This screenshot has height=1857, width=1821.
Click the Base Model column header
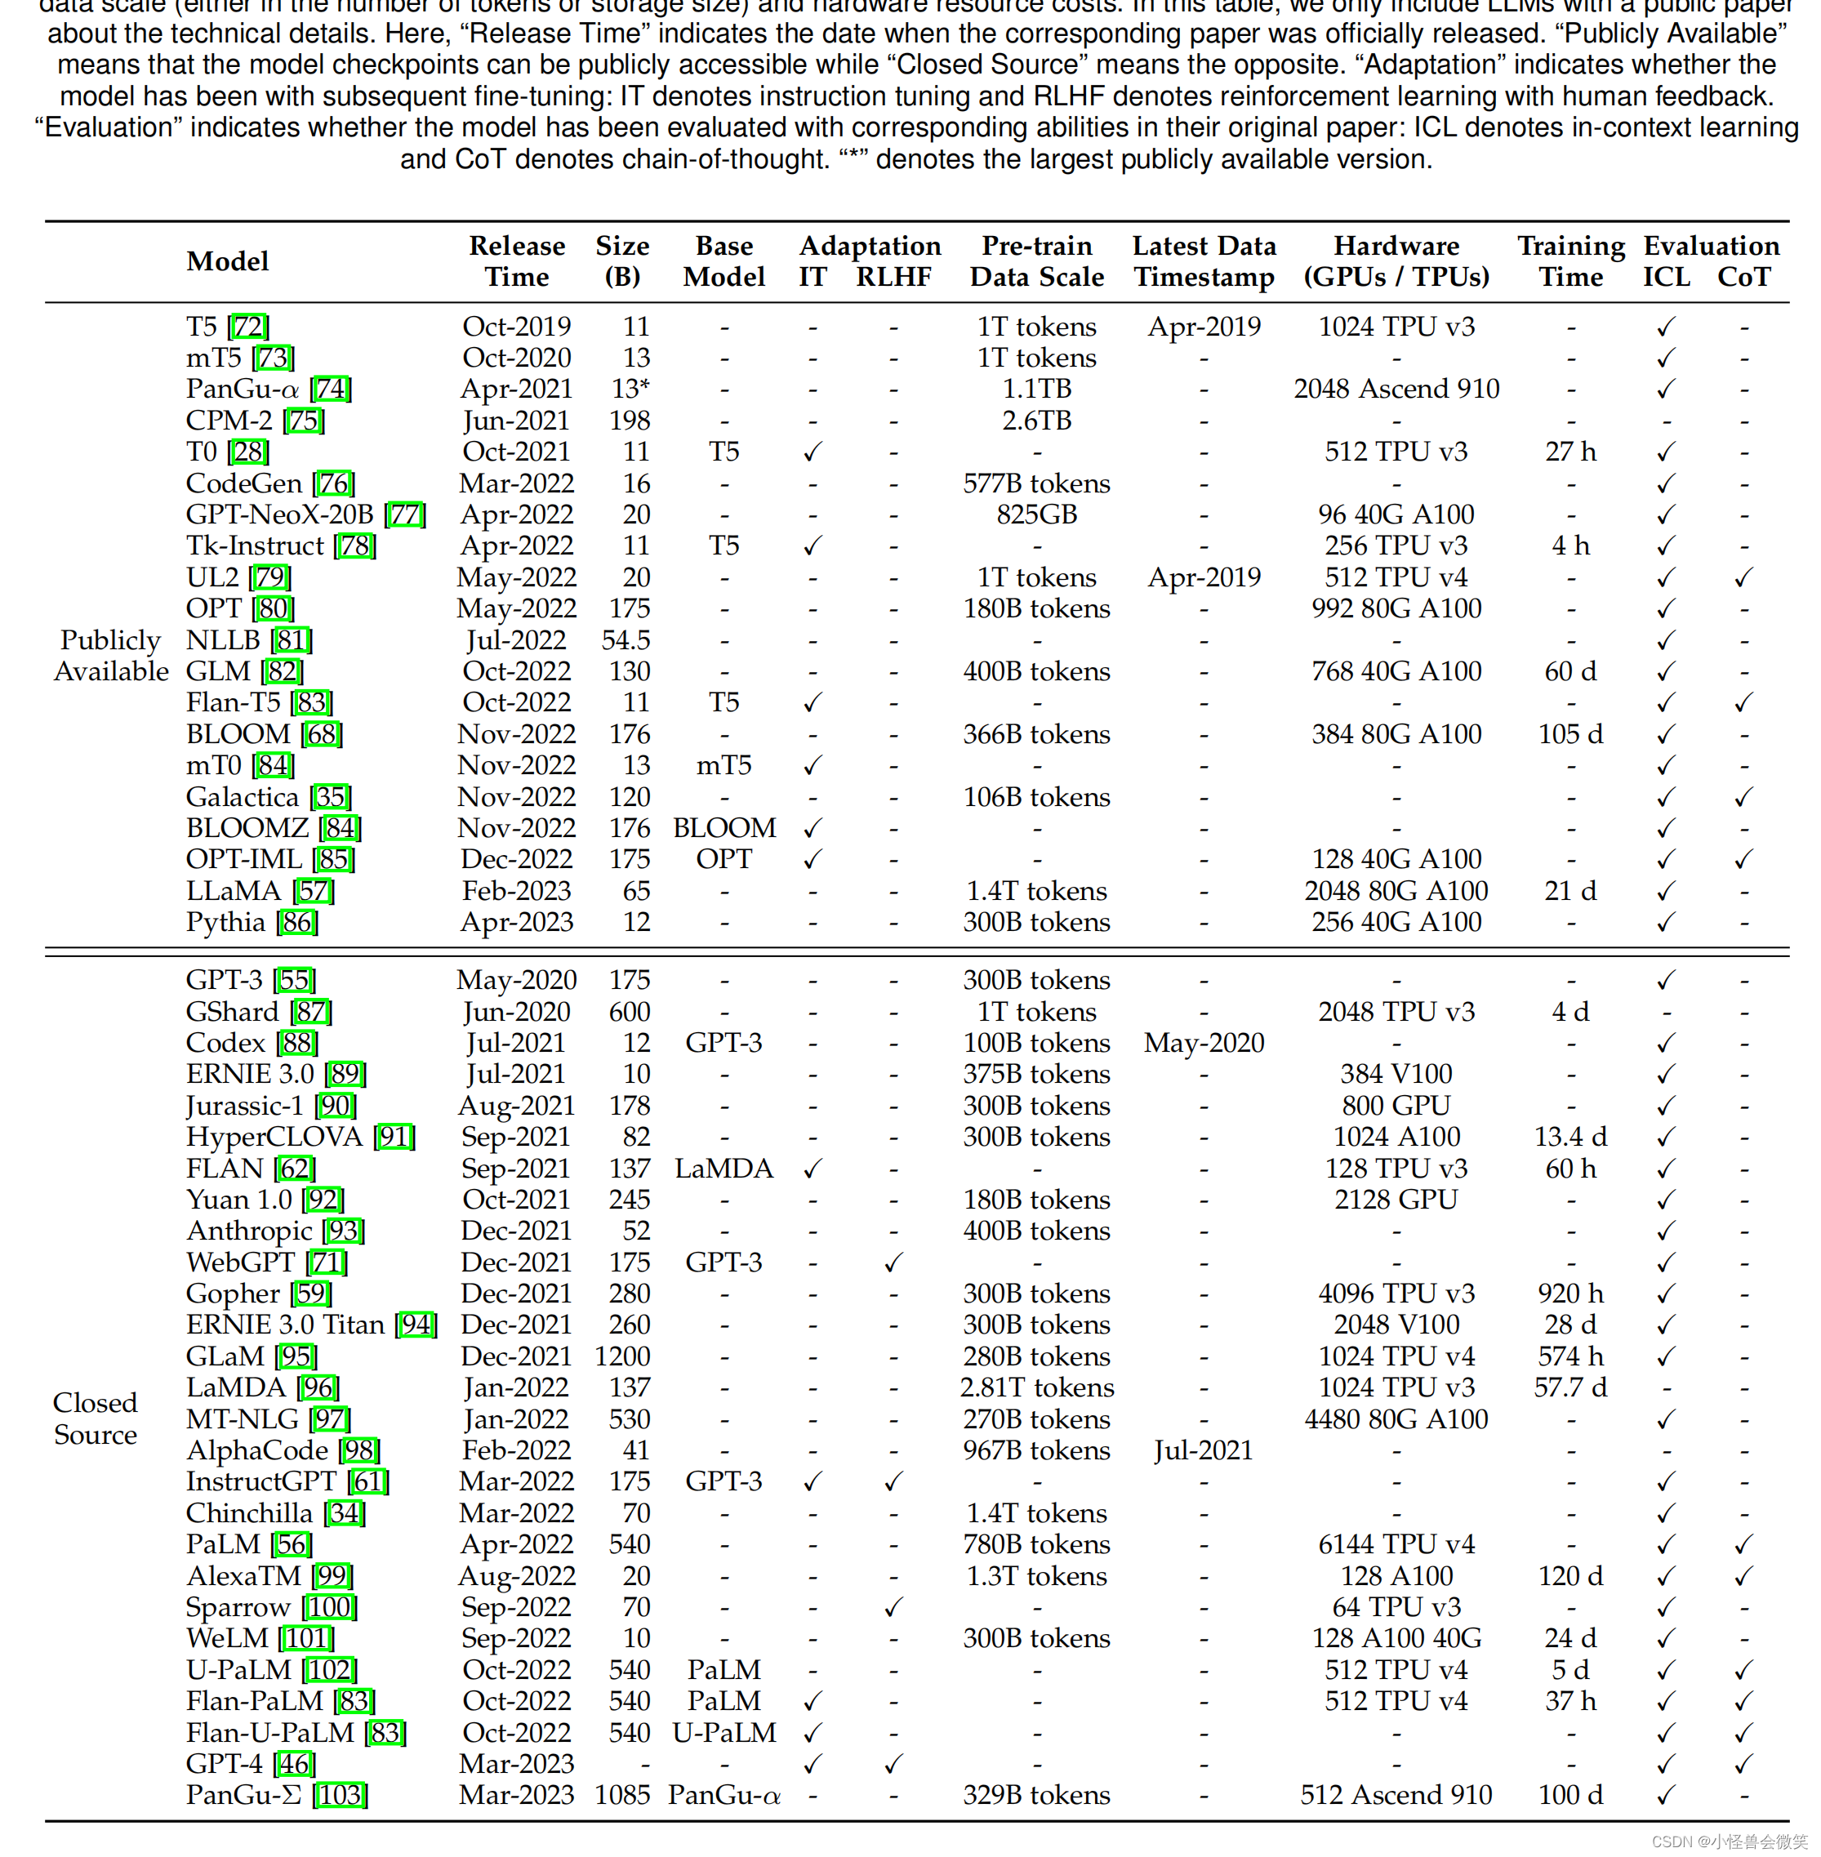(724, 261)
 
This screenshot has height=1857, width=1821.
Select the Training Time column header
(1570, 261)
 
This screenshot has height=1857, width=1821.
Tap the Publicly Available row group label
(110, 655)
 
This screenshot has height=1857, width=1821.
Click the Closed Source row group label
(95, 1418)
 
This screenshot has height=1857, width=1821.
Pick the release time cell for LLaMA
(516, 890)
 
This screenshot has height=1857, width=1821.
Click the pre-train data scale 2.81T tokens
(1037, 1387)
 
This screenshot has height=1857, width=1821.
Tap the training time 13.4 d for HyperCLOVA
(1570, 1136)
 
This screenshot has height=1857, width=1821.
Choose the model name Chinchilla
(249, 1512)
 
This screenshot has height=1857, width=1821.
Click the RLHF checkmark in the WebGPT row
(893, 1262)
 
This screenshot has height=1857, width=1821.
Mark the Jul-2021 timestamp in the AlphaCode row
(1203, 1450)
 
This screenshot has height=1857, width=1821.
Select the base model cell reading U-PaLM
(724, 1732)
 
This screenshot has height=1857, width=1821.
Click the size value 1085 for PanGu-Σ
(621, 1795)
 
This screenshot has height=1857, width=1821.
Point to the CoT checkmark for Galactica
(1743, 796)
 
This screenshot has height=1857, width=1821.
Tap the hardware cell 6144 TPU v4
(1396, 1543)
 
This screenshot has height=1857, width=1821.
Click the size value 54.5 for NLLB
(626, 639)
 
